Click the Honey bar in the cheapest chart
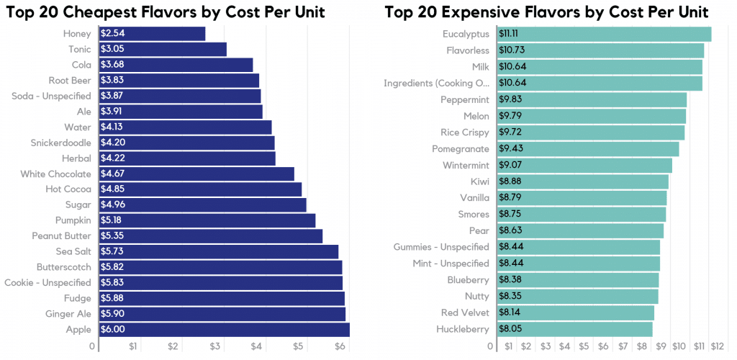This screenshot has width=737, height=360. tap(152, 34)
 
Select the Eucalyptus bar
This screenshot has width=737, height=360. tap(604, 34)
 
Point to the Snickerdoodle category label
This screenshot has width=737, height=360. tap(60, 143)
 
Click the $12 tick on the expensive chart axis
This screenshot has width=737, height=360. tap(717, 347)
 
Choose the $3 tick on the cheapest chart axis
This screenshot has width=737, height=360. tap(215, 347)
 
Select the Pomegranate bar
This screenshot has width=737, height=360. tap(587, 149)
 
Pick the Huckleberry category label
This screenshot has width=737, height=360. tap(463, 329)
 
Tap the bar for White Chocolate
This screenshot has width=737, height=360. tap(196, 174)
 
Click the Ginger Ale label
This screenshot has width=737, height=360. tap(68, 314)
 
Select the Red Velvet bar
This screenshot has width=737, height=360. tap(575, 312)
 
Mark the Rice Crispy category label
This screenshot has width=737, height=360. tap(464, 132)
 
